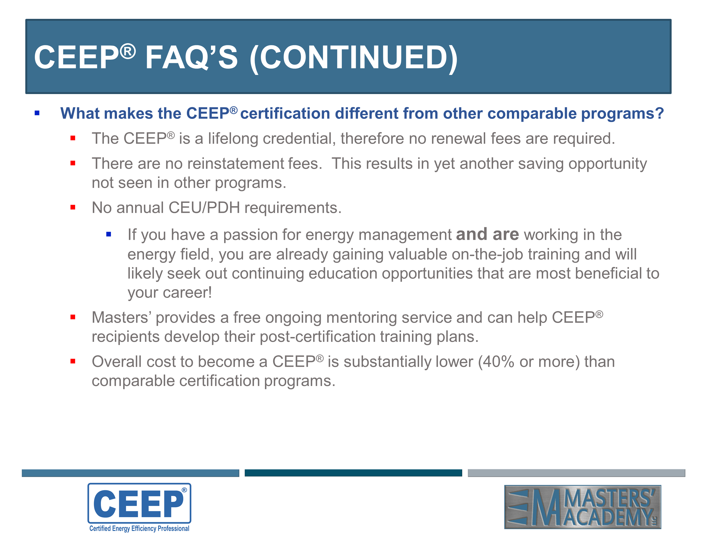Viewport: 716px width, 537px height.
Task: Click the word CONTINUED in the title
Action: tap(353, 58)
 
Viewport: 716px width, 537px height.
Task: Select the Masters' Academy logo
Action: tap(582, 507)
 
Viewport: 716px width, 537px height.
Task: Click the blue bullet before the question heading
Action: tap(37, 113)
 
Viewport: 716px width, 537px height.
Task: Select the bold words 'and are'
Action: tap(487, 234)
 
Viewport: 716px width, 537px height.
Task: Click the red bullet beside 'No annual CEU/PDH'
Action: tap(73, 207)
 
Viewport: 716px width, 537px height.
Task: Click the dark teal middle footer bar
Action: tap(353, 473)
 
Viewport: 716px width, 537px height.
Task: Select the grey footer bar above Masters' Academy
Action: tap(576, 473)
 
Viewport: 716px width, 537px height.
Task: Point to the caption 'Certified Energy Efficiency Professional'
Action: tap(139, 528)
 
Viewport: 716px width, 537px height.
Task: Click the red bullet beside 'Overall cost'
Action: tap(73, 361)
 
